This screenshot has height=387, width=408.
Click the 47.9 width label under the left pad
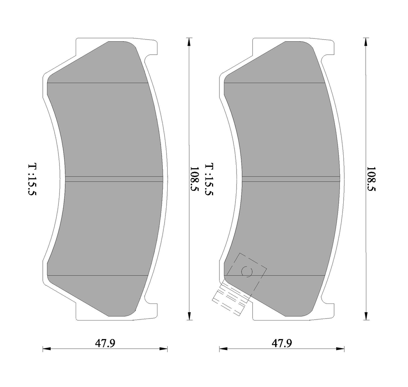[105, 343]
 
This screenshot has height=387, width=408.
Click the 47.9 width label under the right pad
[282, 343]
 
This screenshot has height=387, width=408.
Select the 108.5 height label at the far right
[371, 179]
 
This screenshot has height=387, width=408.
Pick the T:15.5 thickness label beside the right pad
[209, 180]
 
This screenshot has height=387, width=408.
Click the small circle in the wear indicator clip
[247, 272]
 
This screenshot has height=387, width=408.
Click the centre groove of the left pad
[114, 178]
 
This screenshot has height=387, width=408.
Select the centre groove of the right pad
[291, 178]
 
